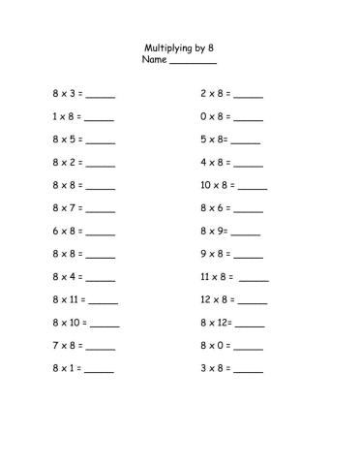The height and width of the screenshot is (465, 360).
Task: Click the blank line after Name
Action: (x=193, y=62)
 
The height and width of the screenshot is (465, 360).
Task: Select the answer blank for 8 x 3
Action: (x=100, y=96)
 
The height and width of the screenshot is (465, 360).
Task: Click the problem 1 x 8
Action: (x=67, y=117)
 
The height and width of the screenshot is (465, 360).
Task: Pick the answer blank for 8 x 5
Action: (x=100, y=141)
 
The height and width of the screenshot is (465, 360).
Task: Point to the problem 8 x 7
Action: (x=67, y=208)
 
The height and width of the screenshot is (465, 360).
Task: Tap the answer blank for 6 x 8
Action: (x=100, y=233)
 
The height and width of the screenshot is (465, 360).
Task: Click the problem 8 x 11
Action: (x=69, y=300)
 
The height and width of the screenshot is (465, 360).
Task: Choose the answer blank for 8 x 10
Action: (x=105, y=325)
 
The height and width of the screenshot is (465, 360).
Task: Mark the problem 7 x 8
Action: (x=67, y=346)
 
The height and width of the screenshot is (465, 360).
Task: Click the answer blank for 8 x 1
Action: (x=100, y=370)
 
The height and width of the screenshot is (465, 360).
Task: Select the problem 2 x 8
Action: (x=214, y=94)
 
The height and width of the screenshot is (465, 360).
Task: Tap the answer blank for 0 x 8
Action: (x=248, y=119)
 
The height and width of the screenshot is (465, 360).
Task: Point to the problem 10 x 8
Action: (x=217, y=186)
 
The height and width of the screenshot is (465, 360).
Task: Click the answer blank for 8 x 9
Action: (x=246, y=233)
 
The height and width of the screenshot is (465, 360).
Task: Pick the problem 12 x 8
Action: (x=217, y=300)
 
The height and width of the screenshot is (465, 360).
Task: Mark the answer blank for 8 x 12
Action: (x=249, y=325)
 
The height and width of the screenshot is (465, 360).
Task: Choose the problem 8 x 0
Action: (x=214, y=346)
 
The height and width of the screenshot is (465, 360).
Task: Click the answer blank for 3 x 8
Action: (x=248, y=370)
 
